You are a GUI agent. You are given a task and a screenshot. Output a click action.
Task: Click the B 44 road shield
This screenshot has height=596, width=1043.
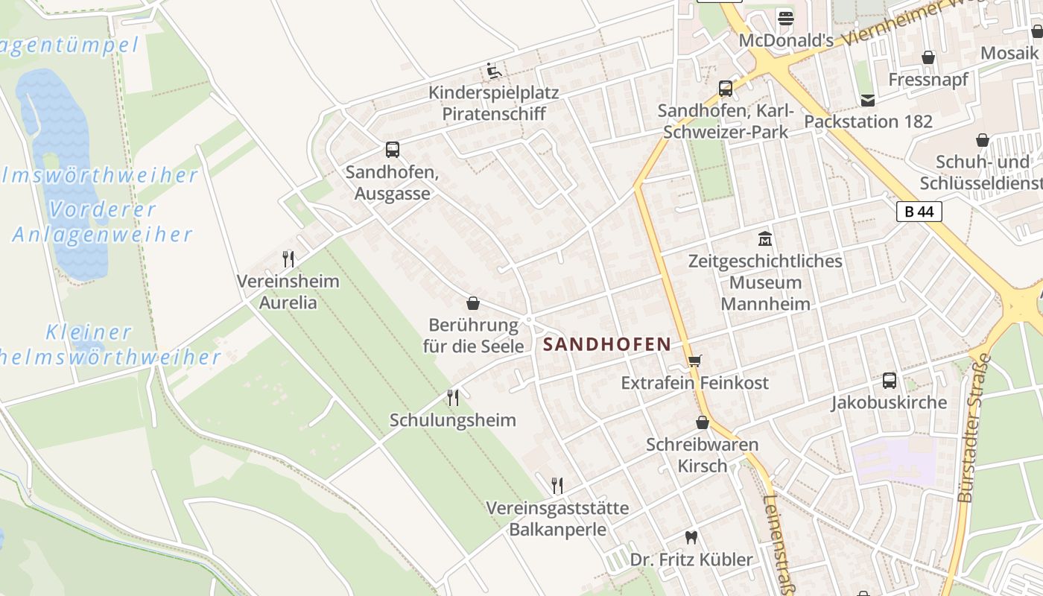point(919,212)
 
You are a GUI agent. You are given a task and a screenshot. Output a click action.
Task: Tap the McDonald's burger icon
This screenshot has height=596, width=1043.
point(785,17)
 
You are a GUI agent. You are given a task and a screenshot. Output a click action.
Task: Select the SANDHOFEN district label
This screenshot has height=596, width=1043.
point(607,344)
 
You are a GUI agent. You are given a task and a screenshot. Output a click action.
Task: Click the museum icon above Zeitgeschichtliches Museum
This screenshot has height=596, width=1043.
point(765,239)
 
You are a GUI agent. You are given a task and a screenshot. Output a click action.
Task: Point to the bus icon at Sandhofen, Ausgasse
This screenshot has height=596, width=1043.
point(393,149)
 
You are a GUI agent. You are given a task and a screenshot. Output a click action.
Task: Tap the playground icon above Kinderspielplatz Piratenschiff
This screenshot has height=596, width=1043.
point(493,71)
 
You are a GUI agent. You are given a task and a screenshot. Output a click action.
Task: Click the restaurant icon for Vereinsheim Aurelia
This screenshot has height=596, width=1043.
point(288,259)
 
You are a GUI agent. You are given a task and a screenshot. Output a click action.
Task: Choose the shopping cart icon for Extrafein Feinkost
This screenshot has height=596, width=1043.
point(694,361)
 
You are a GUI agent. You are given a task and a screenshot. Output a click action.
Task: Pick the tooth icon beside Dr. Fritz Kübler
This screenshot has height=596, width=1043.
point(691,537)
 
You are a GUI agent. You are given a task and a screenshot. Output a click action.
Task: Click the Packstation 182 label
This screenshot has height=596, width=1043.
point(868,121)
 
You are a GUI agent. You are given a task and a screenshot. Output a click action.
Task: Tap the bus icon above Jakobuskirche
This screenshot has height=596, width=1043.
point(890,381)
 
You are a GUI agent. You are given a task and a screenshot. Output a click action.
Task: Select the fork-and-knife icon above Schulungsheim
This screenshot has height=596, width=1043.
point(452,398)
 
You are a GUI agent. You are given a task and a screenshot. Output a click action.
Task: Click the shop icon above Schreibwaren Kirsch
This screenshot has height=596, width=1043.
point(702,423)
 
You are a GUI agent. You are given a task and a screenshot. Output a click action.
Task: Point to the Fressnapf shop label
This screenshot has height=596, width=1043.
point(928,79)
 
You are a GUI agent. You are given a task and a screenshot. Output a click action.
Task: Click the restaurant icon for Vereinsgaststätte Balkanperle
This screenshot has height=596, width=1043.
point(557,486)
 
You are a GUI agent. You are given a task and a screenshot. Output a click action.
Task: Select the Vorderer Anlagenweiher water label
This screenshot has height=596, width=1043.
point(102,222)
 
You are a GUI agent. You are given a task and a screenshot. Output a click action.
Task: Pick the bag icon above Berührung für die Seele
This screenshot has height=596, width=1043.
point(472,303)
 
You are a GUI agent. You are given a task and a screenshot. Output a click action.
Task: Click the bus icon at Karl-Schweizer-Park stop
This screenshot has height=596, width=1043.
point(725,89)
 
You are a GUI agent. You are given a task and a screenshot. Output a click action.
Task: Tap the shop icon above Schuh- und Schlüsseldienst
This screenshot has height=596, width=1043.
point(983,140)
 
